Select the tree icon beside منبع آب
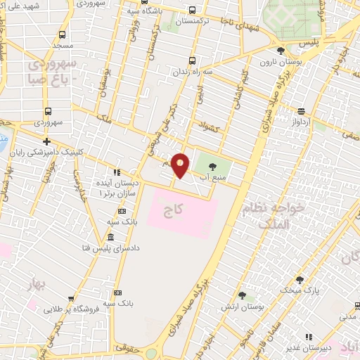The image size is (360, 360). click(213, 166)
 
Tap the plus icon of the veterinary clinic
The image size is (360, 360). click(47, 141)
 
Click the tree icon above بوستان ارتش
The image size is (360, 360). click(242, 297)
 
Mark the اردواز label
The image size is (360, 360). click(300, 122)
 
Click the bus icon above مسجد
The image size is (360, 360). click(63, 34)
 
